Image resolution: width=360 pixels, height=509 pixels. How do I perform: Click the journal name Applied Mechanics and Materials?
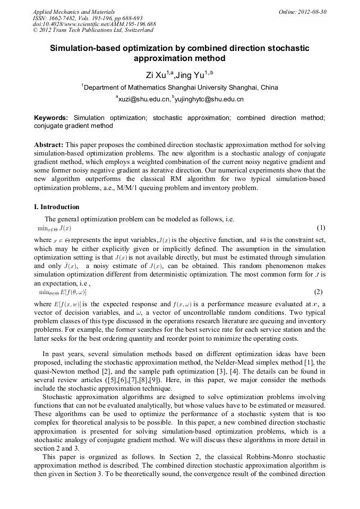[66, 12]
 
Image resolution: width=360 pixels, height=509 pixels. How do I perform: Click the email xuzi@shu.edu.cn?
[142, 99]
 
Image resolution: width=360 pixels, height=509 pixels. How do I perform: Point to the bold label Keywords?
[51, 117]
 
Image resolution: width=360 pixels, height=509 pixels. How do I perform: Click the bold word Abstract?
[49, 145]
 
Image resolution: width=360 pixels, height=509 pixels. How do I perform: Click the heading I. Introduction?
[57, 207]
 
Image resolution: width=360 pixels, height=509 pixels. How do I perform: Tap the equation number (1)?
[320, 228]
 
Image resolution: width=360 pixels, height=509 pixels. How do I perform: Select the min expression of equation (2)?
[63, 292]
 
